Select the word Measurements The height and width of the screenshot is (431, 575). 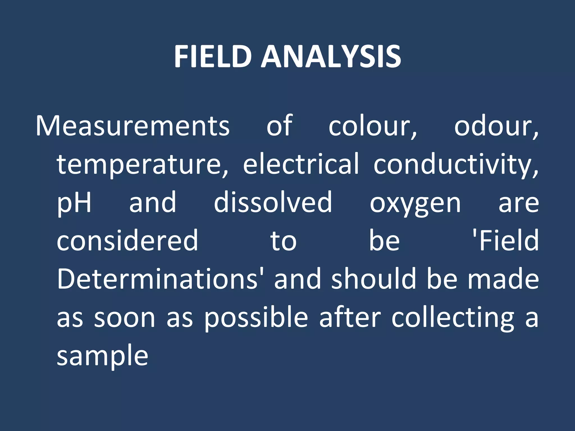(133, 126)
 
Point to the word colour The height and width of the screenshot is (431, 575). (373, 126)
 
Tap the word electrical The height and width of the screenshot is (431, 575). (301, 164)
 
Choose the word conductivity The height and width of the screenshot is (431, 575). (456, 164)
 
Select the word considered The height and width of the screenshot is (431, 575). (127, 241)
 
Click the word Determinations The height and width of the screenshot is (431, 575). (157, 279)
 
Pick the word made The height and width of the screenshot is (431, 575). (503, 279)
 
